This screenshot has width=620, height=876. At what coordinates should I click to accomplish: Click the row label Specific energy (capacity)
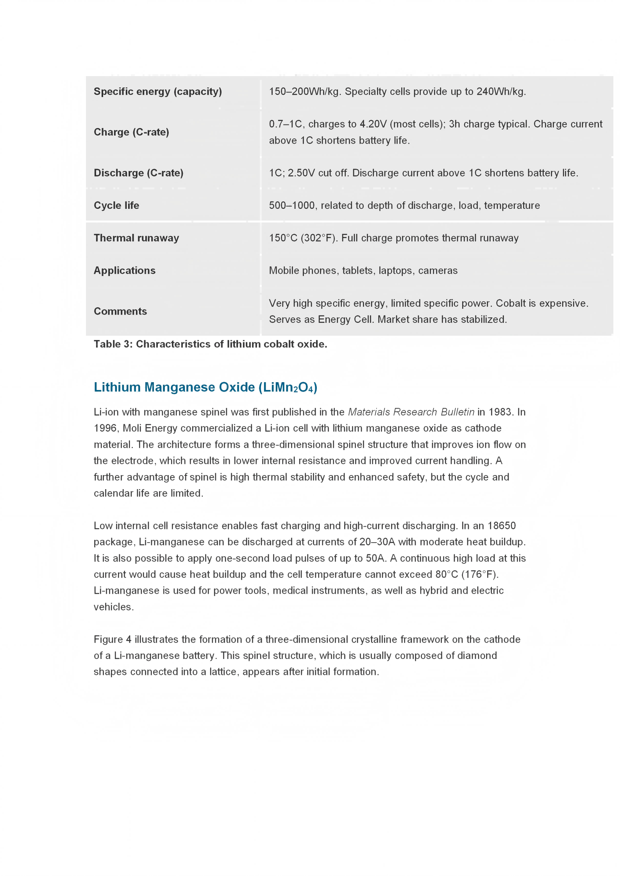157,91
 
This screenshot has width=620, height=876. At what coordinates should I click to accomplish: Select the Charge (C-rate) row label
131,132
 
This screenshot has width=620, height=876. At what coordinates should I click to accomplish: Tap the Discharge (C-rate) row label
138,173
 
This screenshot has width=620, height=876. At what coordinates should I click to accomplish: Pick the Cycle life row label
116,205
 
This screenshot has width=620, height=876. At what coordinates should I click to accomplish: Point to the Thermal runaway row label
136,238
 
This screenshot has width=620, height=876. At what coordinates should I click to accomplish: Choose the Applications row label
124,270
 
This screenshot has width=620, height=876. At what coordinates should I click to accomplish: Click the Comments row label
120,311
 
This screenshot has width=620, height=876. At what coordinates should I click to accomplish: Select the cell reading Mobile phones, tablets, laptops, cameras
363,270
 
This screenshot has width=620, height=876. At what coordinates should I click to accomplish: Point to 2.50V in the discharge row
301,173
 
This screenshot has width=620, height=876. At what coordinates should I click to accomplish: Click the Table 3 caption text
210,344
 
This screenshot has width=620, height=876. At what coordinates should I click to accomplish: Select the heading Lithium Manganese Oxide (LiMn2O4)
205,387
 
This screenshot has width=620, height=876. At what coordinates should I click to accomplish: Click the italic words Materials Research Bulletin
411,412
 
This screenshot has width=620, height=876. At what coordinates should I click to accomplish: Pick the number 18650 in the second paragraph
502,525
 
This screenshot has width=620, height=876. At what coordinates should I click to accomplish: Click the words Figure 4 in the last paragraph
113,639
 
